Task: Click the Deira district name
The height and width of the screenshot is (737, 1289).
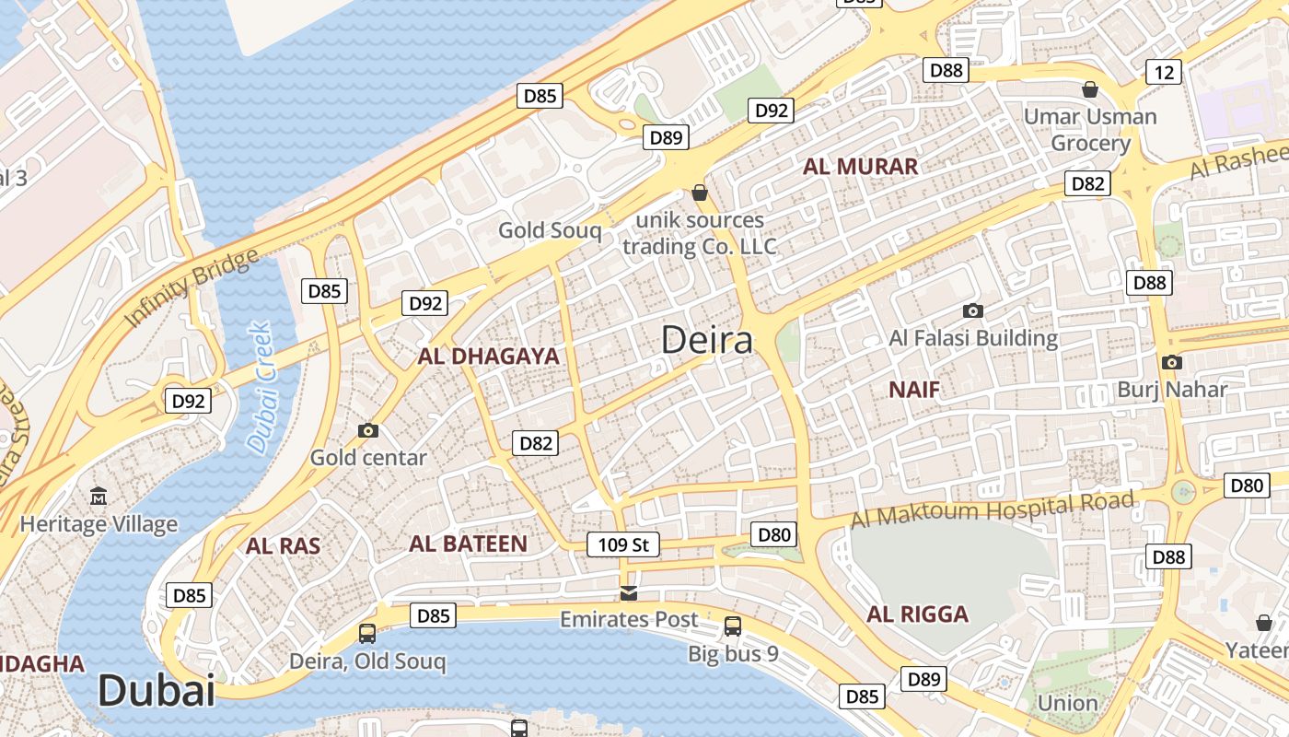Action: pyautogui.click(x=707, y=340)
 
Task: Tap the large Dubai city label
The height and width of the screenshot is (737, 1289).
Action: pyautogui.click(x=156, y=691)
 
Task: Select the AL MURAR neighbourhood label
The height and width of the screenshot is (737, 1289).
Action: pyautogui.click(x=860, y=167)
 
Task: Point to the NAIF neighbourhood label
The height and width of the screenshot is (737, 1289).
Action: pyautogui.click(x=914, y=390)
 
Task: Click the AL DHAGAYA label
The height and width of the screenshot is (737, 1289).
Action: pyautogui.click(x=488, y=357)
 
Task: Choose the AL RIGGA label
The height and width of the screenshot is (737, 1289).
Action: pyautogui.click(x=917, y=614)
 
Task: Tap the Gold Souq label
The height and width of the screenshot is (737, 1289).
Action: pyautogui.click(x=550, y=230)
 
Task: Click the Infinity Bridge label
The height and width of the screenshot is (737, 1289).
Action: pyautogui.click(x=192, y=287)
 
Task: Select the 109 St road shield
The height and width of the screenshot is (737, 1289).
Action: pyautogui.click(x=623, y=544)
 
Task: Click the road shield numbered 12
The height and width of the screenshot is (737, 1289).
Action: pyautogui.click(x=1164, y=72)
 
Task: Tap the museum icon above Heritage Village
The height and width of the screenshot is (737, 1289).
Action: pyautogui.click(x=99, y=497)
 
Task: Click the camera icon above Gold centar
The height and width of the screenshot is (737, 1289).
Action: pyautogui.click(x=368, y=430)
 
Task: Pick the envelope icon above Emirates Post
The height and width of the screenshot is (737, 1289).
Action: pyautogui.click(x=629, y=592)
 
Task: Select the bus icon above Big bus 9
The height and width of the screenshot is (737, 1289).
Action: pyautogui.click(x=733, y=626)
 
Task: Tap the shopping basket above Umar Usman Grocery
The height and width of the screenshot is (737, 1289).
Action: pyautogui.click(x=1090, y=89)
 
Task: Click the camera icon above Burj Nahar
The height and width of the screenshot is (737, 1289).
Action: pyautogui.click(x=1171, y=362)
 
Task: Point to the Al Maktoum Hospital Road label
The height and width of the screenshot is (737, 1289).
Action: pyautogui.click(x=992, y=509)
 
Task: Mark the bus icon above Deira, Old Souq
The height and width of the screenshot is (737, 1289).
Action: pyautogui.click(x=366, y=634)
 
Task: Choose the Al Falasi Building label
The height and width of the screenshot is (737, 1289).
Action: pyautogui.click(x=973, y=338)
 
